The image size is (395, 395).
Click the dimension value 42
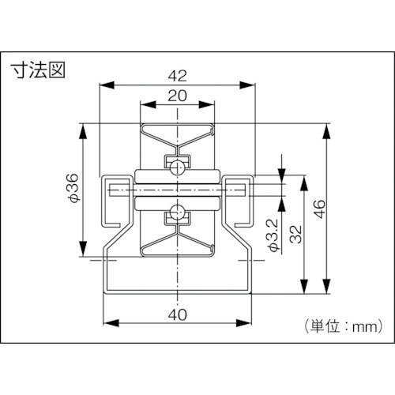point(178,76)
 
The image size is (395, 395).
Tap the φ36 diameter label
point(71,190)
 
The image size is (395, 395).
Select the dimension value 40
point(178,314)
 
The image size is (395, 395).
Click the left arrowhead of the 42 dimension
point(105,85)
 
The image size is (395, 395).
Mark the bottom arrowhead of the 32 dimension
point(304,290)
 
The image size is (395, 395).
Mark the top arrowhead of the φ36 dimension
point(81,127)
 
